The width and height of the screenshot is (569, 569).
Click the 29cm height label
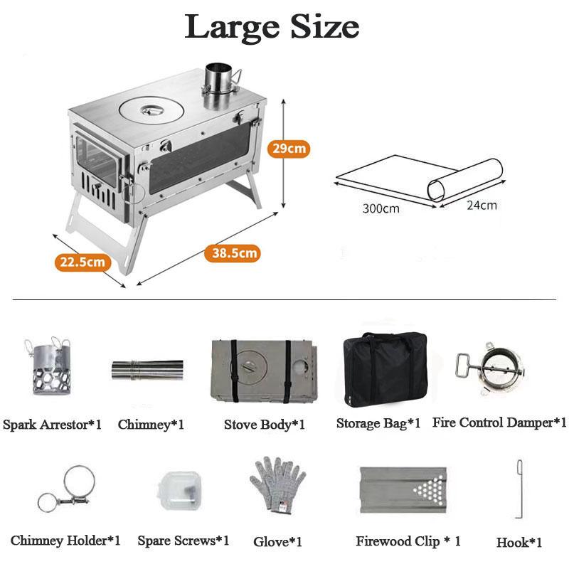289,149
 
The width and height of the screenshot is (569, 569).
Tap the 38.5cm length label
233,252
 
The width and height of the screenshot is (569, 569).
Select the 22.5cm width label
83,262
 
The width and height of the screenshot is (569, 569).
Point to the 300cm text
381,208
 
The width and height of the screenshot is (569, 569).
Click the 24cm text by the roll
482,205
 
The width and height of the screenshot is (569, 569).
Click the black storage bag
385,368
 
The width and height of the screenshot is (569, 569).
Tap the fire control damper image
491,368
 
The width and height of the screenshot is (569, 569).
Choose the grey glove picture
277,484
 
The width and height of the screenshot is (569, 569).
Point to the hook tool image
519,489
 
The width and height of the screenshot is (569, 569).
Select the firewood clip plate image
403,490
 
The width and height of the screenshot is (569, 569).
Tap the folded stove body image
264,371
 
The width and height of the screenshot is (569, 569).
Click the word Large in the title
233,28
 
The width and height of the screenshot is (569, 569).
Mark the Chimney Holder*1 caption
65,541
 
